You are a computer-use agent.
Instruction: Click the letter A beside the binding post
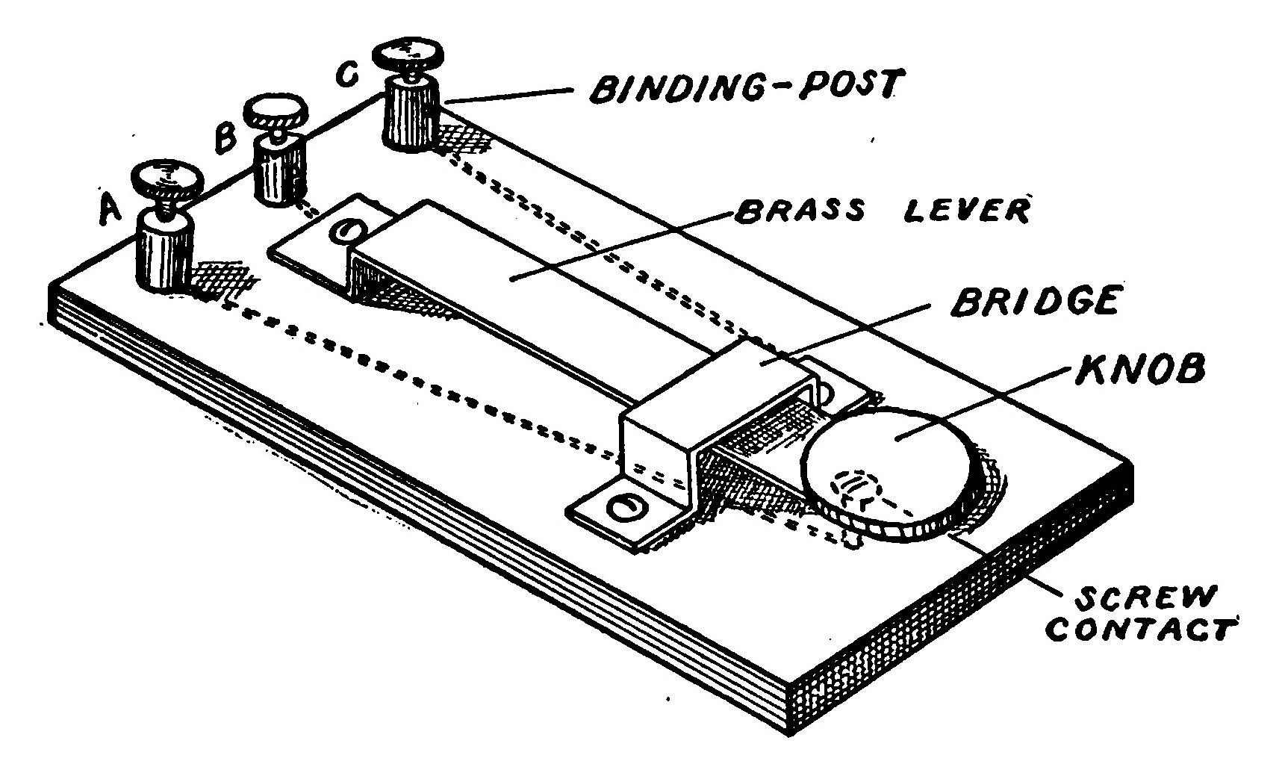pyautogui.click(x=110, y=210)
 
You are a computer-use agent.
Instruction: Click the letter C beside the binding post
pyautogui.click(x=349, y=74)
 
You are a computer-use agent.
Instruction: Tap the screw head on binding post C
pyautogui.click(x=408, y=54)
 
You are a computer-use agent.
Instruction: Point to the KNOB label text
pyautogui.click(x=1138, y=369)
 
